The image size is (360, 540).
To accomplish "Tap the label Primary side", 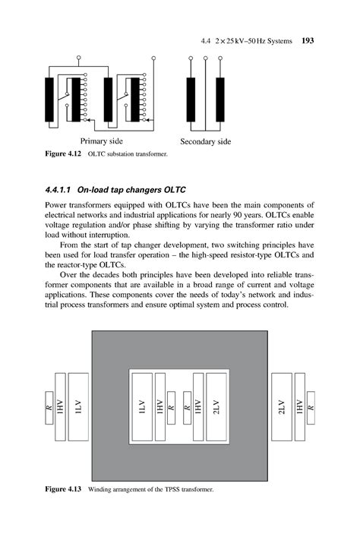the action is [x=102, y=141].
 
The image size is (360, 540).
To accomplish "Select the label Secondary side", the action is [x=205, y=142].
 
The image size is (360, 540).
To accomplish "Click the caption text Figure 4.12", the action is [x=63, y=155].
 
